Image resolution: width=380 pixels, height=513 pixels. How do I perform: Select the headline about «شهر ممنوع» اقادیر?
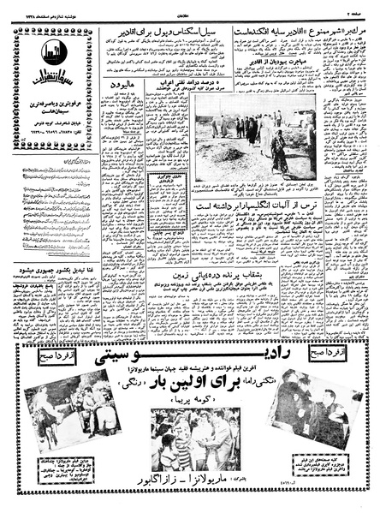282,39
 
